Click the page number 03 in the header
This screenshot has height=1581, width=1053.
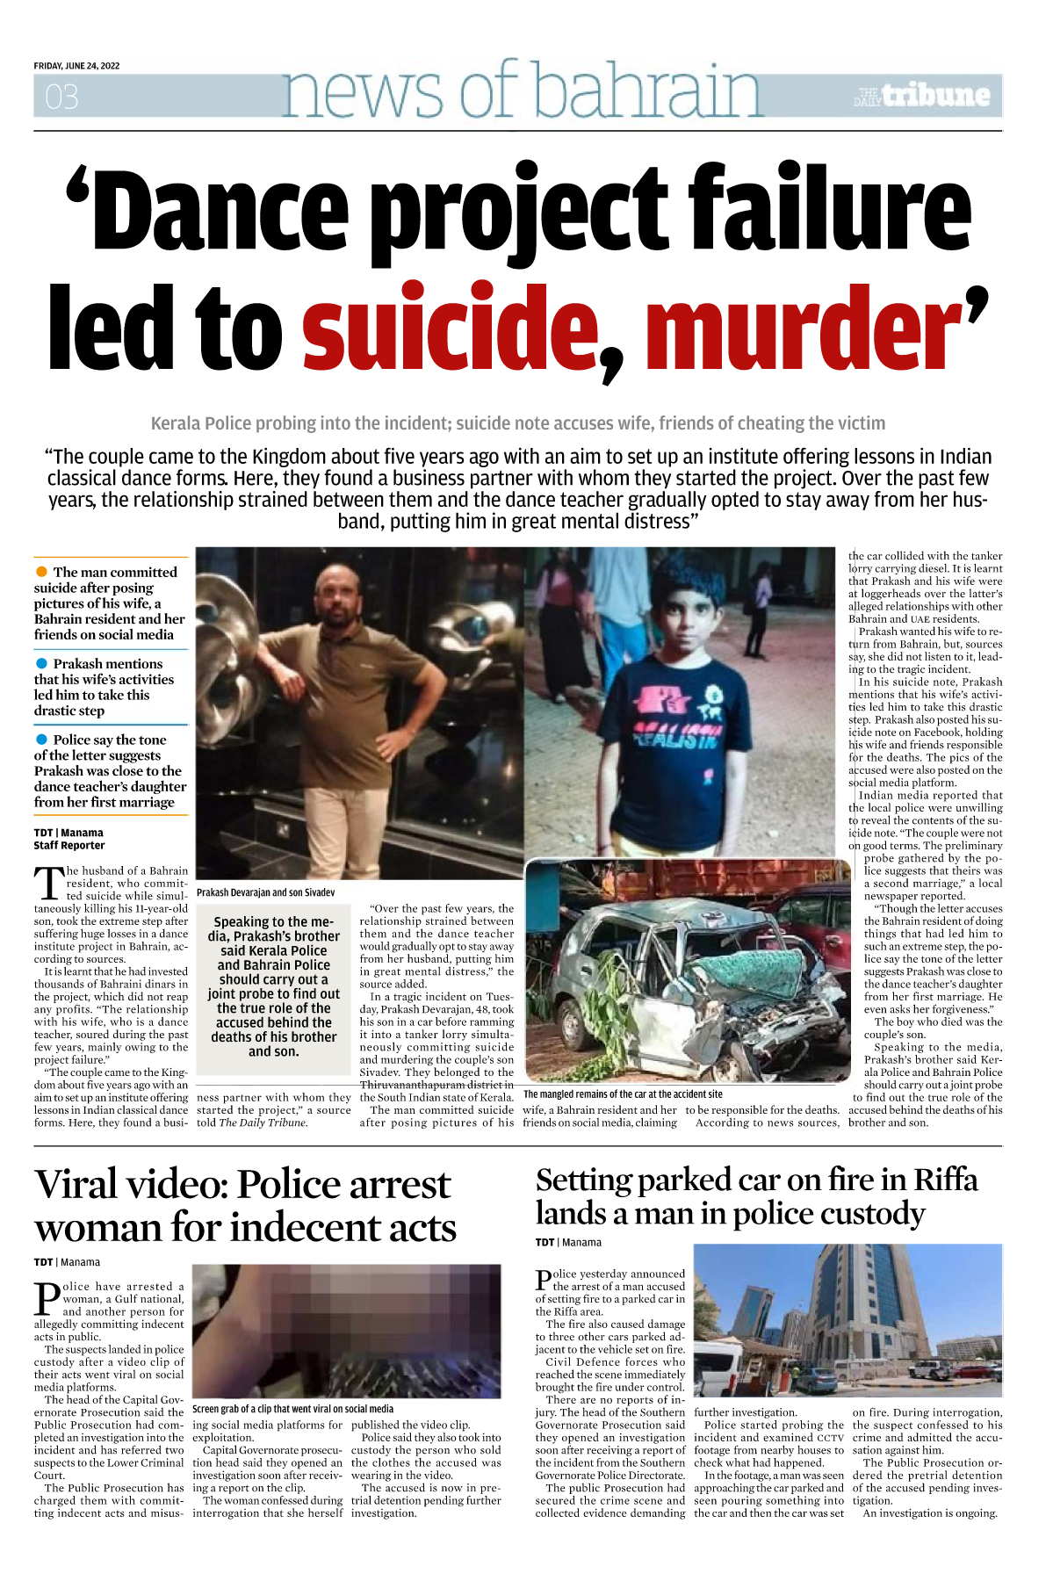[x=61, y=97]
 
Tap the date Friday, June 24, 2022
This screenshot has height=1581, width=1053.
[x=76, y=66]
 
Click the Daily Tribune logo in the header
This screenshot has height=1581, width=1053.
[x=923, y=96]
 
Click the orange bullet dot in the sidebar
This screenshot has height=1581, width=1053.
[x=41, y=572]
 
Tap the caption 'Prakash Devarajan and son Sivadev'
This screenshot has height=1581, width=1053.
[x=265, y=892]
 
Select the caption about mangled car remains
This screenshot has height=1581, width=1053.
[x=623, y=1094]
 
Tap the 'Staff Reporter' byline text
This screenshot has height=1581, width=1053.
[x=69, y=846]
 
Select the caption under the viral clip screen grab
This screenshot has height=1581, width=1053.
[x=292, y=1409]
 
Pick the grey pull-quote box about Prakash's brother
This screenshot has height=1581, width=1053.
[x=273, y=986]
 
